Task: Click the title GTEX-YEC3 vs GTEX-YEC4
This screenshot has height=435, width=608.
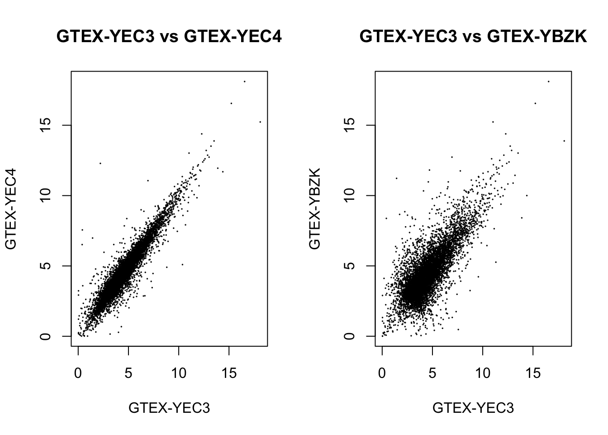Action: (x=169, y=36)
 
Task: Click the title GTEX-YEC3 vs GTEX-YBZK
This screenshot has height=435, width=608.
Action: (x=473, y=36)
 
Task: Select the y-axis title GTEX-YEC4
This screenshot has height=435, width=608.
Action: (x=11, y=209)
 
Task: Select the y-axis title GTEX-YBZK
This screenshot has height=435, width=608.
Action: (x=315, y=209)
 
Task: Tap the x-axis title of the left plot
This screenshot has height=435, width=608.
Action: (x=169, y=408)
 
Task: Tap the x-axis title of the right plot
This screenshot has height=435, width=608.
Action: (x=473, y=408)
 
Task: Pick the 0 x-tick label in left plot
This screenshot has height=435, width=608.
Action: (x=78, y=373)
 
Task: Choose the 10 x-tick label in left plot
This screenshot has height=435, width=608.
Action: (x=179, y=373)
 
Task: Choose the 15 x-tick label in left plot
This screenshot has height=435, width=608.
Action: (x=229, y=373)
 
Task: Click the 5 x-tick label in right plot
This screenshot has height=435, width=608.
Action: (x=432, y=373)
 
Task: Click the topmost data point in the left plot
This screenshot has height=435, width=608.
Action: (x=245, y=82)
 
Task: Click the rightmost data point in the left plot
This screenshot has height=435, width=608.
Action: (x=260, y=122)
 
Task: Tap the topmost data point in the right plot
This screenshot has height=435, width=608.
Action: (x=549, y=82)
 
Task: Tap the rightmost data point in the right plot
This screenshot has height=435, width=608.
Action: (x=564, y=141)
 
